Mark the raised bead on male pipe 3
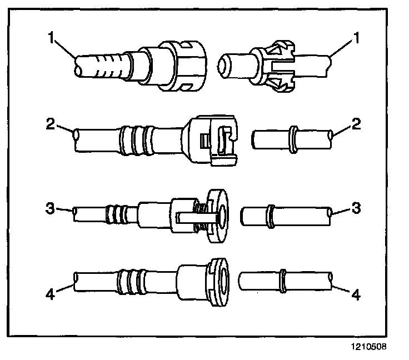click(272, 216)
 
